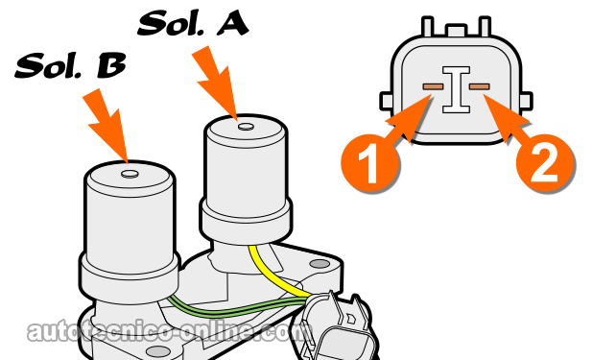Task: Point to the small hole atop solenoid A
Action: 245,126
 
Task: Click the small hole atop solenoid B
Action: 130,174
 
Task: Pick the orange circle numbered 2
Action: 543,166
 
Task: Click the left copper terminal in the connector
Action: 433,87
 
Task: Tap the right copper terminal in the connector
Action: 479,87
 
